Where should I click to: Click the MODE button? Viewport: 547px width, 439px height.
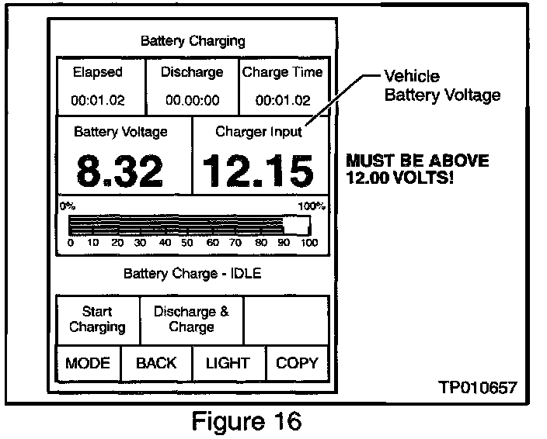click(88, 363)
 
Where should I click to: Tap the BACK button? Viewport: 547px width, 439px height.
click(156, 363)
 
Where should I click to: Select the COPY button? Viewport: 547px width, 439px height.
click(297, 363)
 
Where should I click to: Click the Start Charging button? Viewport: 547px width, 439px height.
click(97, 320)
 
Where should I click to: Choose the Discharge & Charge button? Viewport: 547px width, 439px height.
click(191, 320)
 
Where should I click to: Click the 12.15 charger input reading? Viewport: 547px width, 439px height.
click(259, 171)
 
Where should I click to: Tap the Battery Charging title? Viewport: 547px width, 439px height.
click(193, 40)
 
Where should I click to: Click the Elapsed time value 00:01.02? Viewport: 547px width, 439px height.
click(98, 101)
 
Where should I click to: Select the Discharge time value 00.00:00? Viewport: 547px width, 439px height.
click(192, 101)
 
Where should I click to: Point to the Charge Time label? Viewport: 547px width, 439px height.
click(283, 73)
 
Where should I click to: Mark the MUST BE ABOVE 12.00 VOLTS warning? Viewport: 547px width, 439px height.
click(417, 169)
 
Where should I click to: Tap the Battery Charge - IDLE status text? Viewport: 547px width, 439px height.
click(192, 274)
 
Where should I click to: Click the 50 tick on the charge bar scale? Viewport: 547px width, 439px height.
click(187, 243)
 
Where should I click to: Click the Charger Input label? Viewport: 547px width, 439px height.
click(259, 132)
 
